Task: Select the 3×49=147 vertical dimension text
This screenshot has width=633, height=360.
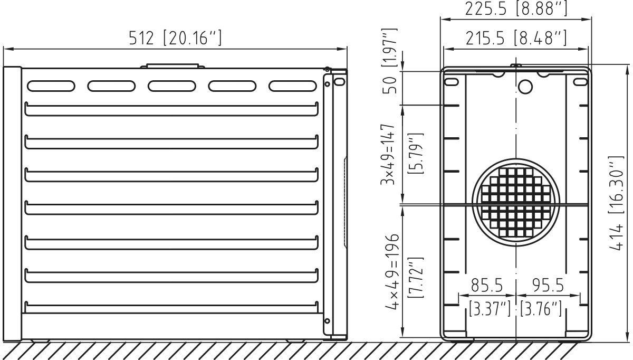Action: pos(390,154)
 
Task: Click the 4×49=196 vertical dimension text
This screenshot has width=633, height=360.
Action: pos(390,273)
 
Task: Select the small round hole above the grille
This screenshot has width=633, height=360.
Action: pos(525,86)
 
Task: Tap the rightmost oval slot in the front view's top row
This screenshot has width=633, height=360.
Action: pos(292,86)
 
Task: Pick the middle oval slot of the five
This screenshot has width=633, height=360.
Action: pos(171,86)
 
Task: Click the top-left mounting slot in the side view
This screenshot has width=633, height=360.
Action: pos(452,82)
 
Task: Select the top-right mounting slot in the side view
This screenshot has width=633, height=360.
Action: pos(580,82)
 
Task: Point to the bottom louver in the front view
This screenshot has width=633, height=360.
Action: pos(171,306)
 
